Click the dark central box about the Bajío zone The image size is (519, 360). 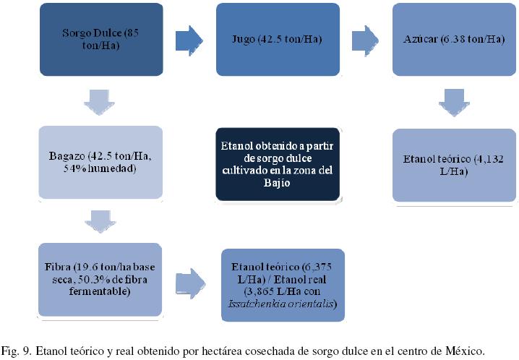click(278, 165)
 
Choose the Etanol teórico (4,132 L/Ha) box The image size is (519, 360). click(455, 165)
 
